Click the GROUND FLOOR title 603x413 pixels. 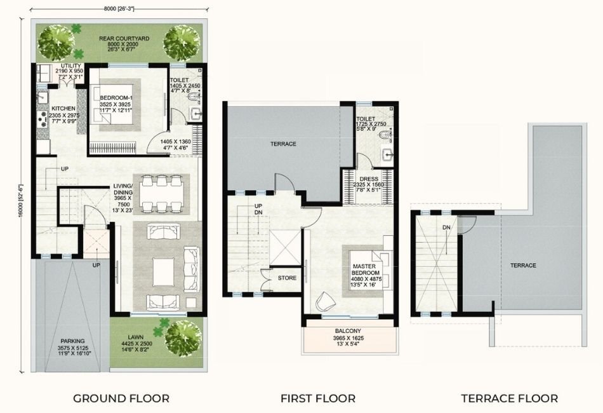(x=121, y=398)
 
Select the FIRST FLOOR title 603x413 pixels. (x=318, y=398)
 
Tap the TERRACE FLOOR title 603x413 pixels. (x=510, y=398)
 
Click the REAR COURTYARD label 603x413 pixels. (x=124, y=39)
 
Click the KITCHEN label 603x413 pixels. (x=63, y=108)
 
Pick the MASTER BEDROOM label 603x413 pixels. (x=368, y=269)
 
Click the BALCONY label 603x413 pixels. (x=347, y=331)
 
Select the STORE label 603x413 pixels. (x=287, y=278)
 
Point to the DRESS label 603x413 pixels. (x=369, y=179)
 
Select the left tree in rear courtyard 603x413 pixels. (x=55, y=43)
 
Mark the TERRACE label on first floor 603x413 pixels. (x=283, y=144)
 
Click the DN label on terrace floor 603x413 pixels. (x=446, y=227)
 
